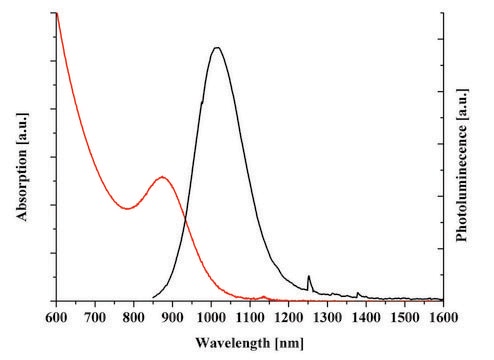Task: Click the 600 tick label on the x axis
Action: point(56,317)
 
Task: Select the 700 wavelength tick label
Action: point(95,317)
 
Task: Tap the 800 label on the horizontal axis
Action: point(134,317)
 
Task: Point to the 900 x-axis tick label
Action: point(172,317)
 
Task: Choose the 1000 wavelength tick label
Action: point(211,317)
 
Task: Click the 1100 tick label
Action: point(250,317)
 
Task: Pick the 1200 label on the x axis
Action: point(288,317)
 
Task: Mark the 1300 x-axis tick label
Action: point(327,317)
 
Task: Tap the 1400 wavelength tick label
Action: point(366,317)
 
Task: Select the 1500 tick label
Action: point(405,317)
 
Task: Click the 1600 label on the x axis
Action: point(443,317)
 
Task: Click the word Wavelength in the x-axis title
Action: point(232,343)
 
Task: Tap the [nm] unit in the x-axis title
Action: point(289,343)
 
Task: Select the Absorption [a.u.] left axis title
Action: point(22,167)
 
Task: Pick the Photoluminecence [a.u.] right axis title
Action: point(462,165)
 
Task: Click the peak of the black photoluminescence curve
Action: point(217,48)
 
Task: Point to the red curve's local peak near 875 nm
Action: point(162,177)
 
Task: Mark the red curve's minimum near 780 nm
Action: point(127,209)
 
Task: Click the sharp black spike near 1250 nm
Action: point(309,276)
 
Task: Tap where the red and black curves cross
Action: point(185,218)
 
